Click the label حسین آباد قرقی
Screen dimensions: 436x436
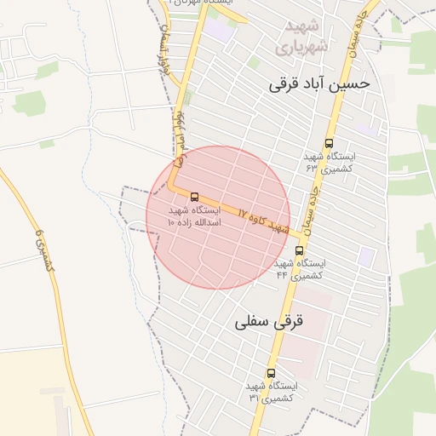pos(319,84)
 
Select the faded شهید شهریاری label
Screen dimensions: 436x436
pos(301,37)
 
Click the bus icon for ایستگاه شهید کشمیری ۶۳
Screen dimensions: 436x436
pos(330,144)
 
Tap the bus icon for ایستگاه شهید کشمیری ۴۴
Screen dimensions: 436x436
pos(299,250)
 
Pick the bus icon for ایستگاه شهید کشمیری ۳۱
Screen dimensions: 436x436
pos(272,373)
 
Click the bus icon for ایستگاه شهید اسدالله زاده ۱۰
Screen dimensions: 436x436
pos(195,197)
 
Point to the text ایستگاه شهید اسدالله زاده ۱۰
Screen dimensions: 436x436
pos(194,215)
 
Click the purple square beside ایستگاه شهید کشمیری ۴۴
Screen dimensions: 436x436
pos(366,255)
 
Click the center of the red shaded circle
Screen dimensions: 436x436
pos(218,217)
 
